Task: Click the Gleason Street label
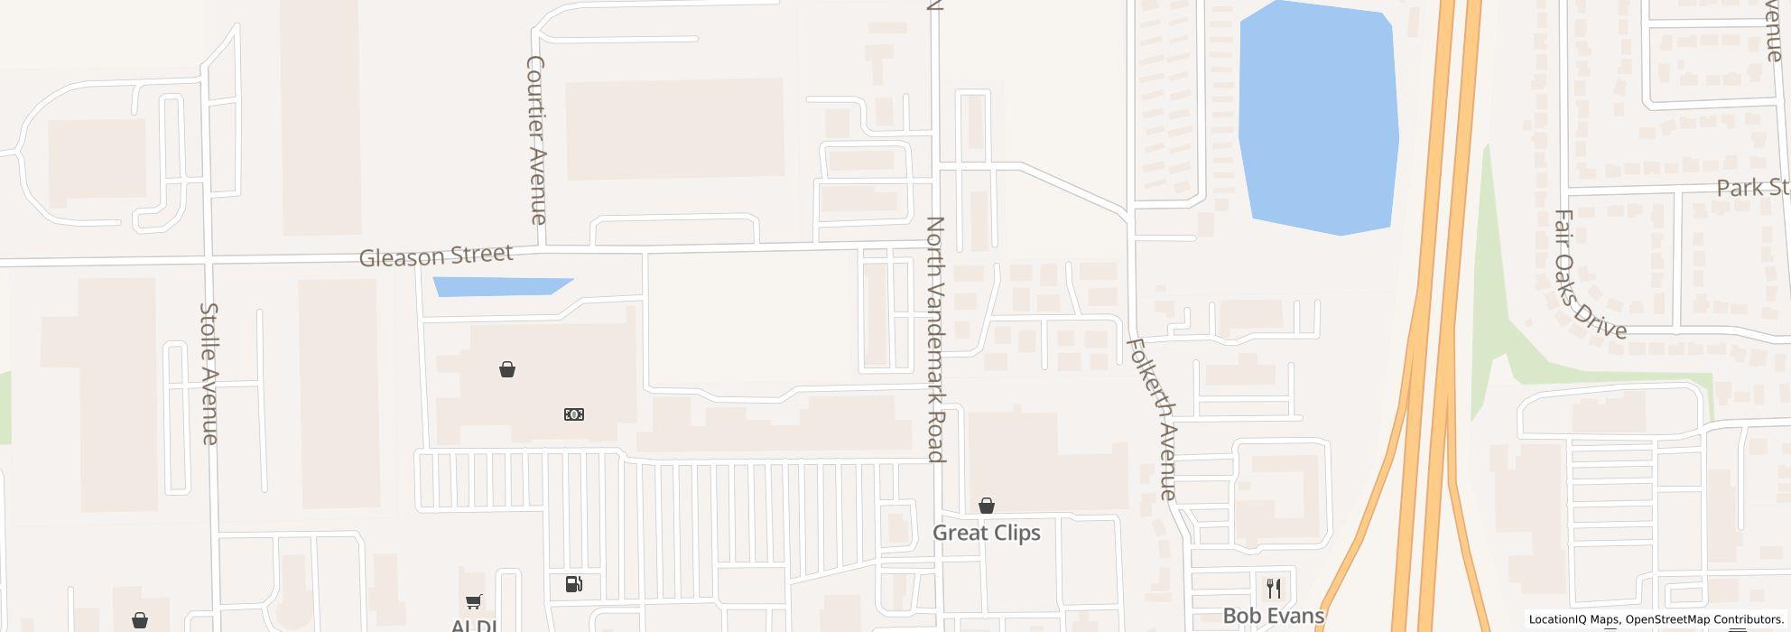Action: tap(436, 256)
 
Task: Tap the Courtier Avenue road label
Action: tap(536, 140)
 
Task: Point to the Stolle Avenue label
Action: tap(209, 373)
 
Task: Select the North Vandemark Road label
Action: tap(936, 339)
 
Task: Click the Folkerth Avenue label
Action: tap(1152, 419)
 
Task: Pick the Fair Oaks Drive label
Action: tap(1588, 274)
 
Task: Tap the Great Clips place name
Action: tap(986, 533)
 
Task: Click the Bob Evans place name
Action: tap(1273, 616)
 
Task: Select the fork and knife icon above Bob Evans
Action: tap(1274, 588)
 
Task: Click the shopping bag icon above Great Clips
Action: tap(987, 506)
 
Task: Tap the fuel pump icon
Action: tap(573, 584)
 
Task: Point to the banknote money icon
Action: tap(574, 414)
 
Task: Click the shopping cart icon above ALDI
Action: tap(473, 601)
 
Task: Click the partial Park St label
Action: tap(1752, 188)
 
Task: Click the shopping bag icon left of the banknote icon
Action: tap(507, 369)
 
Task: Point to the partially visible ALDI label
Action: tap(474, 625)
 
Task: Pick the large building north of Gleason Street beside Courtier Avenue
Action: tap(674, 128)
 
